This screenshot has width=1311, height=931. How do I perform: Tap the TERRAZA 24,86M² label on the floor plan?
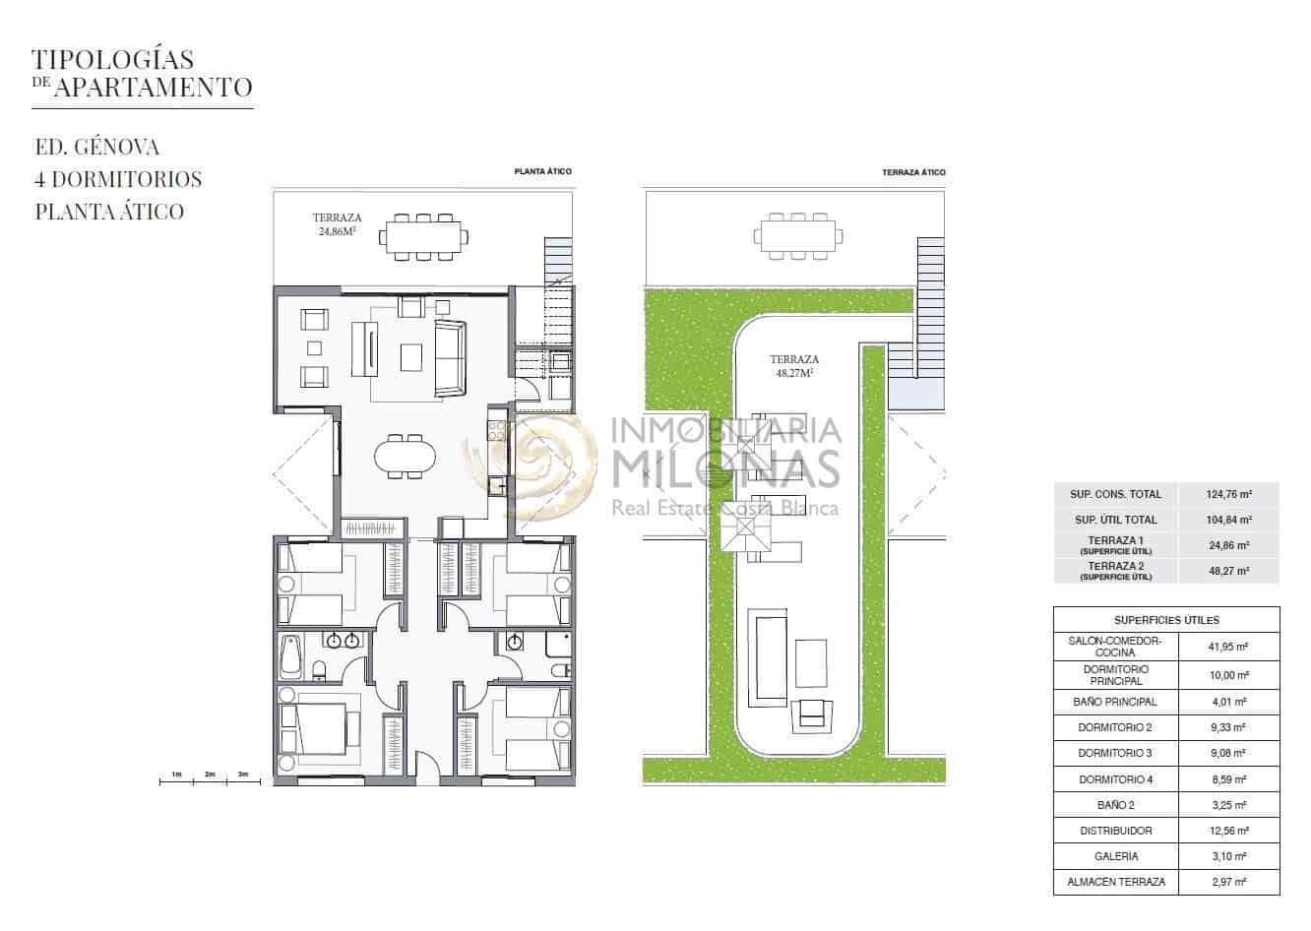click(x=338, y=224)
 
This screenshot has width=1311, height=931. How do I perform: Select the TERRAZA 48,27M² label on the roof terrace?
click(x=794, y=366)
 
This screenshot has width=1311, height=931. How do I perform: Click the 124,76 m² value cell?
click(x=1229, y=494)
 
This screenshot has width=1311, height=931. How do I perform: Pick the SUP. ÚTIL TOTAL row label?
click(x=1116, y=520)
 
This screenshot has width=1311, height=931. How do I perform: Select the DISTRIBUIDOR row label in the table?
click(x=1116, y=831)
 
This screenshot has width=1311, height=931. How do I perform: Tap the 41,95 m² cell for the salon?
click(x=1229, y=647)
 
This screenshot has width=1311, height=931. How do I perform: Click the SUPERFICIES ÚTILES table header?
click(x=1167, y=620)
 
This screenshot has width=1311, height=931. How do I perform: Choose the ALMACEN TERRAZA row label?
click(x=1116, y=882)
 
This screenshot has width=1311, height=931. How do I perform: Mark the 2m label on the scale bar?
click(x=210, y=775)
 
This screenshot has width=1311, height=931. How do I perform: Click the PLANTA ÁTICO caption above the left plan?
click(x=542, y=171)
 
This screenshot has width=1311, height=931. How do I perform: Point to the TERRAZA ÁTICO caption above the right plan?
click(x=913, y=172)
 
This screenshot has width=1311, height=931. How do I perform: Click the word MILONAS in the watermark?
click(x=725, y=468)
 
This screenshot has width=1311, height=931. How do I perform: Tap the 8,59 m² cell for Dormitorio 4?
click(x=1229, y=779)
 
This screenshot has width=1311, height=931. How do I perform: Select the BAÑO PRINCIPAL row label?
click(x=1116, y=702)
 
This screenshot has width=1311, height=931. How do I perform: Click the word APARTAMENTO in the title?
click(x=154, y=88)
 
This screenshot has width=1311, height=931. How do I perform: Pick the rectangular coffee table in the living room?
click(x=411, y=357)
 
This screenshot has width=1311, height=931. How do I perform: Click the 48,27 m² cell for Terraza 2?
click(x=1229, y=571)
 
